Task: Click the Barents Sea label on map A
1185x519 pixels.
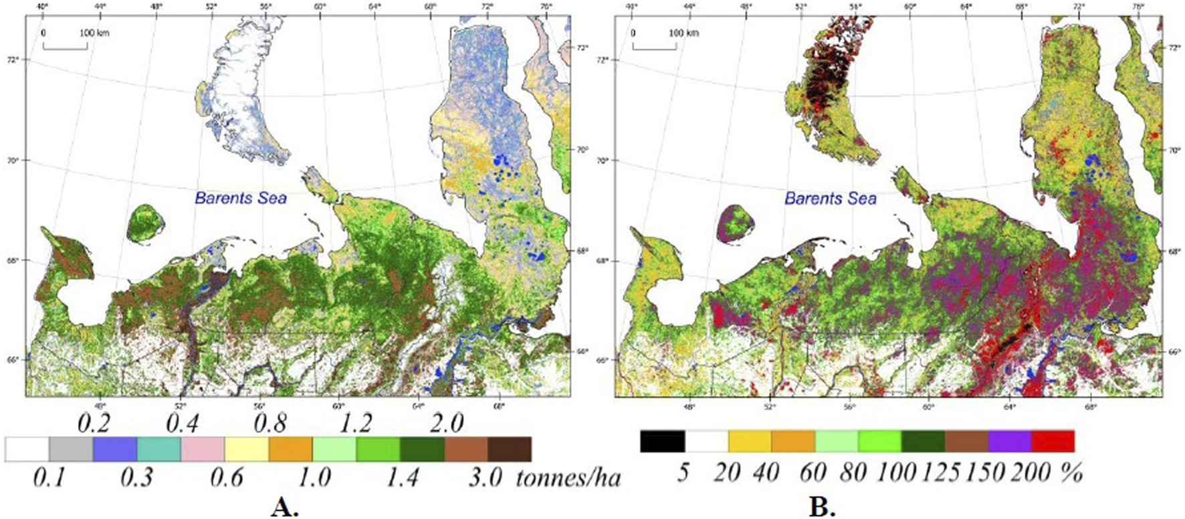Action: click(240, 198)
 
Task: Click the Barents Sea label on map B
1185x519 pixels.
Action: click(830, 198)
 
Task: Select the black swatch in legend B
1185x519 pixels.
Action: click(662, 441)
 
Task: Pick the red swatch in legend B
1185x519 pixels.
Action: click(1053, 441)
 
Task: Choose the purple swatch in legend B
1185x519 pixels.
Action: click(1009, 441)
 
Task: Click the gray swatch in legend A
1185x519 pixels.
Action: click(71, 449)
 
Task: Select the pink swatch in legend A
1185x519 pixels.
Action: click(203, 449)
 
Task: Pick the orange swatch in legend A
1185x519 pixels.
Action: click(290, 449)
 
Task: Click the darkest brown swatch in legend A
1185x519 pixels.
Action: click(510, 449)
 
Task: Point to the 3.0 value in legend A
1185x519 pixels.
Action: click(485, 478)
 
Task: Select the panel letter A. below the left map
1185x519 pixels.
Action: click(284, 508)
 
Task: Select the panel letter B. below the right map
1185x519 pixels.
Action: click(822, 508)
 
